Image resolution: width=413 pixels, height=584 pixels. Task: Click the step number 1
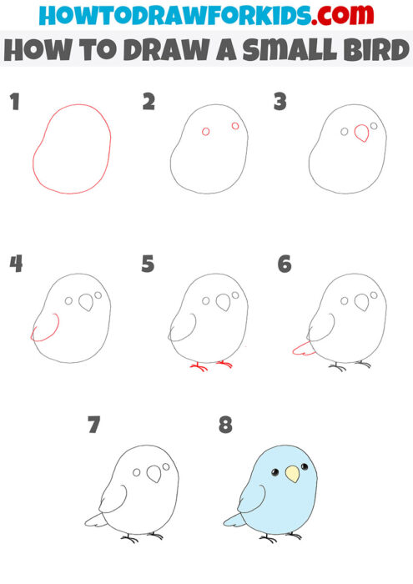[x=13, y=103]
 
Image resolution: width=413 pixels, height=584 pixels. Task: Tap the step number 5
[x=148, y=264]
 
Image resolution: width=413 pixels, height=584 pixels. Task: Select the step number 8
[x=225, y=425]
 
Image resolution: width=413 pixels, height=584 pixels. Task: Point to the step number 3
[x=280, y=103]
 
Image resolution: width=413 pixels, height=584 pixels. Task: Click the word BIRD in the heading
[x=373, y=53]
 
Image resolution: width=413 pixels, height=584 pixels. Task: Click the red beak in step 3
[x=362, y=133]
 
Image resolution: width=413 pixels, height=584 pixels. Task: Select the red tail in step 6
[x=304, y=349]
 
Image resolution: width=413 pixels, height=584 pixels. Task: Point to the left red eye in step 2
[x=206, y=132]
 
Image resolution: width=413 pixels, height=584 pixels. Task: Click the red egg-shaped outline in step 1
[x=73, y=149]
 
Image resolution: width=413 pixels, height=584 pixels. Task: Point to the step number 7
[x=93, y=425]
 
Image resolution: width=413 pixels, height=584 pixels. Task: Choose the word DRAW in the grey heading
[x=155, y=53]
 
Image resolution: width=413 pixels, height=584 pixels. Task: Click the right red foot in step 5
[x=224, y=363]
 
